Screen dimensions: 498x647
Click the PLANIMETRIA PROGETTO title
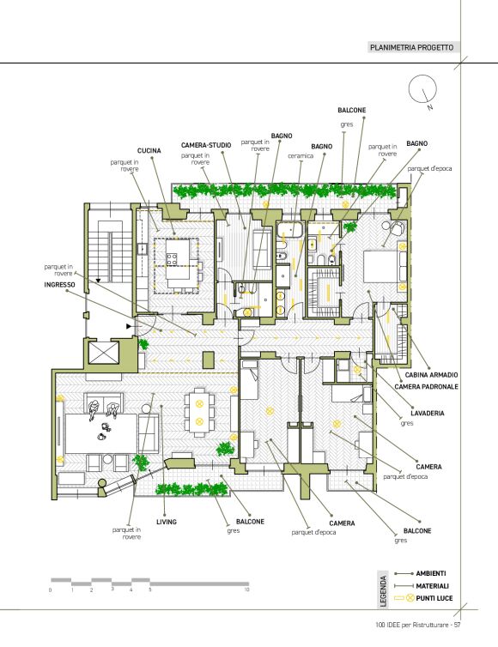(x=411, y=47)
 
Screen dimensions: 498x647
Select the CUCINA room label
(x=149, y=151)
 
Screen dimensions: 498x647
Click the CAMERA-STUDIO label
(x=206, y=145)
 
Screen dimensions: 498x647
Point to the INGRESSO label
(x=60, y=285)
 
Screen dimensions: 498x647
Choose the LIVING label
(x=167, y=522)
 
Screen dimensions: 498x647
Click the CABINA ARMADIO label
(x=432, y=375)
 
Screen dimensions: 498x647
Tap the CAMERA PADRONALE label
(x=426, y=387)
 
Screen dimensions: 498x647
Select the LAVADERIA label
(x=428, y=413)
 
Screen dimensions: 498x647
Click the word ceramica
(x=301, y=156)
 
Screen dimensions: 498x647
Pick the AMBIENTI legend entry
(x=431, y=573)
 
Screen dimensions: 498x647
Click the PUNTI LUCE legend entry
(x=434, y=598)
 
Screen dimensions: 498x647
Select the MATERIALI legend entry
(x=432, y=586)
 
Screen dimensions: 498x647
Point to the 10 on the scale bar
(x=247, y=590)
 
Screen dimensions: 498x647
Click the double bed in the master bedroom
(x=380, y=267)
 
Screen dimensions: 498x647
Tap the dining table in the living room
(x=200, y=413)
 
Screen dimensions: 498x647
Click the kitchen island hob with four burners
(x=172, y=259)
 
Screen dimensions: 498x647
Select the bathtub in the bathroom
(x=291, y=230)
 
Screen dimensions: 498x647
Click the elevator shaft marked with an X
(x=104, y=354)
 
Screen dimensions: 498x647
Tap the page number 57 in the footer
(x=457, y=625)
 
